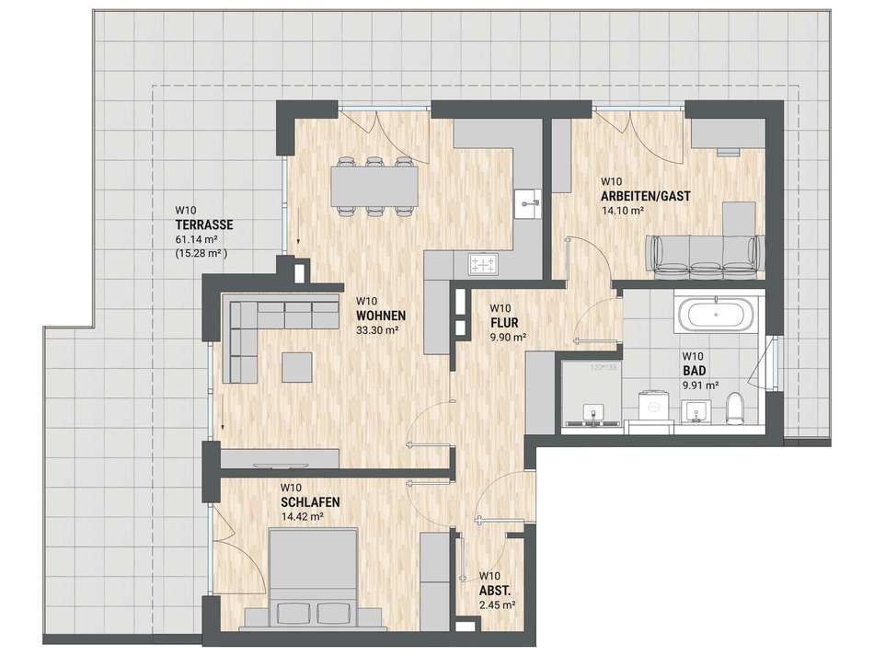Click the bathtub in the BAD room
[716, 314]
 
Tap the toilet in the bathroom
[735, 407]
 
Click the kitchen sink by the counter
[527, 204]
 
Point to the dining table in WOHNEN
[374, 186]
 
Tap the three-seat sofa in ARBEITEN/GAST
[705, 256]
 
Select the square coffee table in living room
[296, 367]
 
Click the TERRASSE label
[204, 225]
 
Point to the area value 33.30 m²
[377, 330]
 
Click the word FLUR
[504, 323]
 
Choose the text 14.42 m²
[303, 517]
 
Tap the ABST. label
[495, 591]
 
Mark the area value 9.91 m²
[701, 385]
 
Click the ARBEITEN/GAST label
[646, 196]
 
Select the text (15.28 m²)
[201, 253]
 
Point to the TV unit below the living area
[281, 459]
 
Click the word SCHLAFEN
[310, 502]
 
